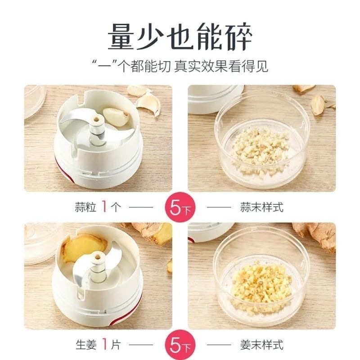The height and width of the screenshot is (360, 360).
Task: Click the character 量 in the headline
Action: tap(121, 36)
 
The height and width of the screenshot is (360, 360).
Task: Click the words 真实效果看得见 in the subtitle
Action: tap(221, 66)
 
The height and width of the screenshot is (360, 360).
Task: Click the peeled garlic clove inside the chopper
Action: tap(116, 117)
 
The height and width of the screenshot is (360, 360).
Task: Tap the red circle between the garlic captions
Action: tap(180, 207)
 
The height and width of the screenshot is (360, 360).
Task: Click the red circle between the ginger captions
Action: tap(180, 345)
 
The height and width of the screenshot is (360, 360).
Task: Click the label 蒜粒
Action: tap(85, 207)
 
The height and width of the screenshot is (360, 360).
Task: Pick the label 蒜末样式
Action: tap(262, 207)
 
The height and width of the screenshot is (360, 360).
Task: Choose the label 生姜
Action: tap(86, 345)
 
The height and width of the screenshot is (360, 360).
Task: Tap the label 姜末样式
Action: tap(262, 345)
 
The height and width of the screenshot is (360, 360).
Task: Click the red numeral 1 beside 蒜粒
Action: tap(104, 207)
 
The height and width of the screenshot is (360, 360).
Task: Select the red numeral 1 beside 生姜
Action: tap(105, 344)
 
